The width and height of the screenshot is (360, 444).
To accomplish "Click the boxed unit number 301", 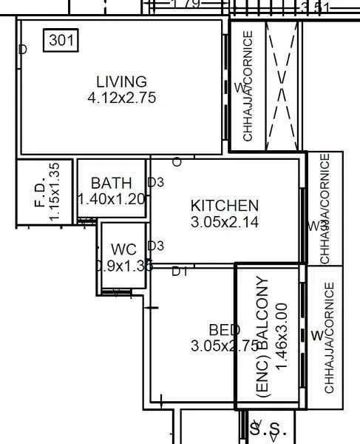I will point(61,41).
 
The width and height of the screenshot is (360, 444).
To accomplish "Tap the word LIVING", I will point(121,81).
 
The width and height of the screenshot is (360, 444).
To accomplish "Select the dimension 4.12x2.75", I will point(121,97).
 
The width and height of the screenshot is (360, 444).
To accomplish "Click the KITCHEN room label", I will point(225,206).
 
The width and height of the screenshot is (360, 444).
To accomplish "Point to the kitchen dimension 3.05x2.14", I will point(225,221).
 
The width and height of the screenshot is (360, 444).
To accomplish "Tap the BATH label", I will point(112,183).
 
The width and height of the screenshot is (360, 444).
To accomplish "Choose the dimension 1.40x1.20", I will point(112,198).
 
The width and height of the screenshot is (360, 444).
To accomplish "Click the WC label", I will point(123,249).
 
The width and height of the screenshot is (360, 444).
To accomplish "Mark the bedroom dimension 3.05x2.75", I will point(224,346).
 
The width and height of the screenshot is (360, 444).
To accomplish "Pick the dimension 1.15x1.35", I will point(54,192).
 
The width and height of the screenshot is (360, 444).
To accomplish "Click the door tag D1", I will point(180,272).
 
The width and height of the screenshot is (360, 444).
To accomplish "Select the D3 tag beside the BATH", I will point(155,182).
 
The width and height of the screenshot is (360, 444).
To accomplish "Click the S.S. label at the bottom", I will point(268,428).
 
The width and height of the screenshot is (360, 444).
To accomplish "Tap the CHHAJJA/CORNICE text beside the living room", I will point(248,85).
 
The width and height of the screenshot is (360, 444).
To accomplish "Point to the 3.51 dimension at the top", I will point(315,7).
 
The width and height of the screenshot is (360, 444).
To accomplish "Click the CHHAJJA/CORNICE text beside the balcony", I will point(329,337).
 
